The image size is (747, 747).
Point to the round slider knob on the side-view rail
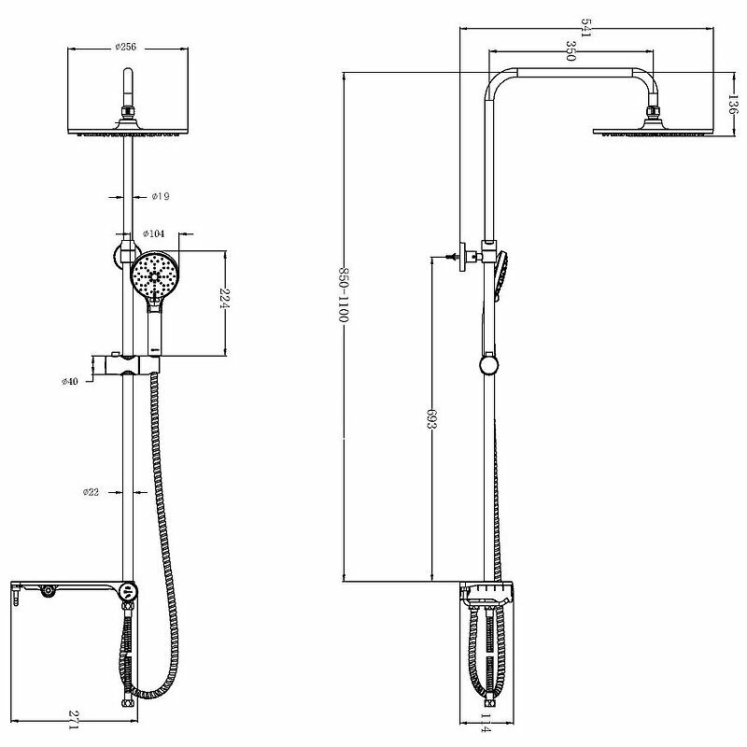click(486, 363)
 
